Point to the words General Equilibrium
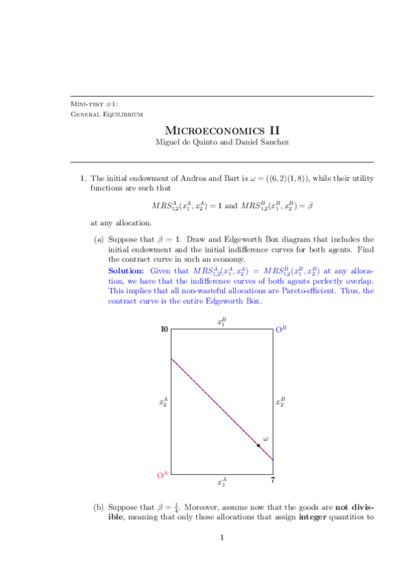(x=107, y=114)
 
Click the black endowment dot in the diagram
(x=258, y=445)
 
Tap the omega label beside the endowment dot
(x=265, y=438)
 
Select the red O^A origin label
(x=162, y=476)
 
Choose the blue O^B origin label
(x=281, y=329)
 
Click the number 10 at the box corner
(x=164, y=329)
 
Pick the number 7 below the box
(x=272, y=482)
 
